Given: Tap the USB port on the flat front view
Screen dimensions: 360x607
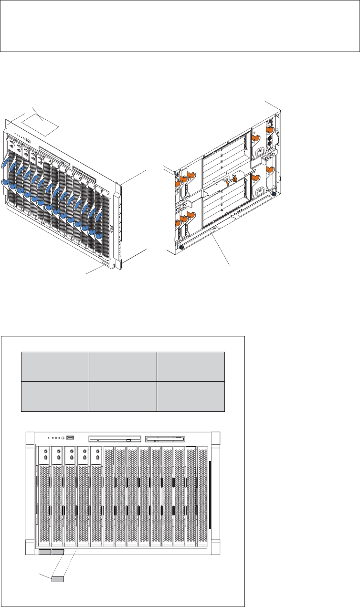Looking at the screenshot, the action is pyautogui.click(x=71, y=437).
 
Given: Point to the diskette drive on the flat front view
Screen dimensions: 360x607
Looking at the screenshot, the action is pyautogui.click(x=165, y=438).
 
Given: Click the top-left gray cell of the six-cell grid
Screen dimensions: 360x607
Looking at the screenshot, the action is pyautogui.click(x=55, y=366).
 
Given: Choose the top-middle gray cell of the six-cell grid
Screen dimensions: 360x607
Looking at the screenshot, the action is pyautogui.click(x=123, y=366).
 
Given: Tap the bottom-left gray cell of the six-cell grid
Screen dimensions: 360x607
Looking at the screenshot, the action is pyautogui.click(x=55, y=396).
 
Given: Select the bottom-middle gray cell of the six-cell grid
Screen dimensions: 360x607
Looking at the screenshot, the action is pyautogui.click(x=123, y=396).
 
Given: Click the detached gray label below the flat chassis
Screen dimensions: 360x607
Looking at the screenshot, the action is pyautogui.click(x=58, y=579).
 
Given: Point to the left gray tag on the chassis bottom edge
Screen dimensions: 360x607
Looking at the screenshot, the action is pyautogui.click(x=44, y=552).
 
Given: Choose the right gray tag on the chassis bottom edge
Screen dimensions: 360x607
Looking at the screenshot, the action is pyautogui.click(x=58, y=552).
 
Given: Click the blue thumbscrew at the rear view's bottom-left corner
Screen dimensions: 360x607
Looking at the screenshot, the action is pyautogui.click(x=182, y=247).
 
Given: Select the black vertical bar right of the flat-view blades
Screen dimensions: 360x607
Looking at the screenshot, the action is pyautogui.click(x=210, y=494).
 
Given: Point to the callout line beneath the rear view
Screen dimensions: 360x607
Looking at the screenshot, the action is pyautogui.click(x=222, y=248).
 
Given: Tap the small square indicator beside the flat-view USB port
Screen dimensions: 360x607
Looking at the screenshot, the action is pyautogui.click(x=63, y=437).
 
